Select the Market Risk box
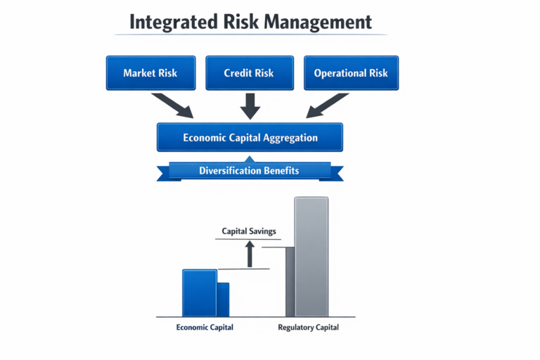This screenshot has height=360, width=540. [x=150, y=73]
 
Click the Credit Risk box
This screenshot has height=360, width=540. [x=250, y=73]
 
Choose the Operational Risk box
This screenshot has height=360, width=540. [x=350, y=73]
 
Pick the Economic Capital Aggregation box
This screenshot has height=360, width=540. [x=250, y=138]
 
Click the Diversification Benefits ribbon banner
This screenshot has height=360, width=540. [x=249, y=171]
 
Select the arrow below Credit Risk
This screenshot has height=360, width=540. [x=250, y=105]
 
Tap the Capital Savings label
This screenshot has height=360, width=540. [x=249, y=231]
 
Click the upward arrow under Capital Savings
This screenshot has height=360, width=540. [x=249, y=254]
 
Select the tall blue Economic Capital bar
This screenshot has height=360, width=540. [x=199, y=292]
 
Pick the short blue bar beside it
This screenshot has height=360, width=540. [x=223, y=300]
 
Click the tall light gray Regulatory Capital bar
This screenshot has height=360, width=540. [x=311, y=257]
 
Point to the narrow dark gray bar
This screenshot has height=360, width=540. [x=290, y=281]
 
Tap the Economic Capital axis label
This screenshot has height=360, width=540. [x=204, y=328]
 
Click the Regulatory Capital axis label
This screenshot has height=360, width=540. [x=308, y=328]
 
